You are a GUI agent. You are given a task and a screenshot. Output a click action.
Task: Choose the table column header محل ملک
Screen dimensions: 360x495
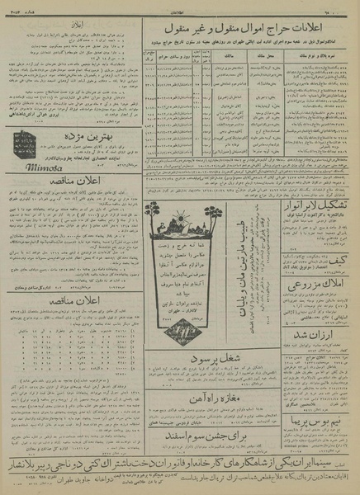point(269,56)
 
